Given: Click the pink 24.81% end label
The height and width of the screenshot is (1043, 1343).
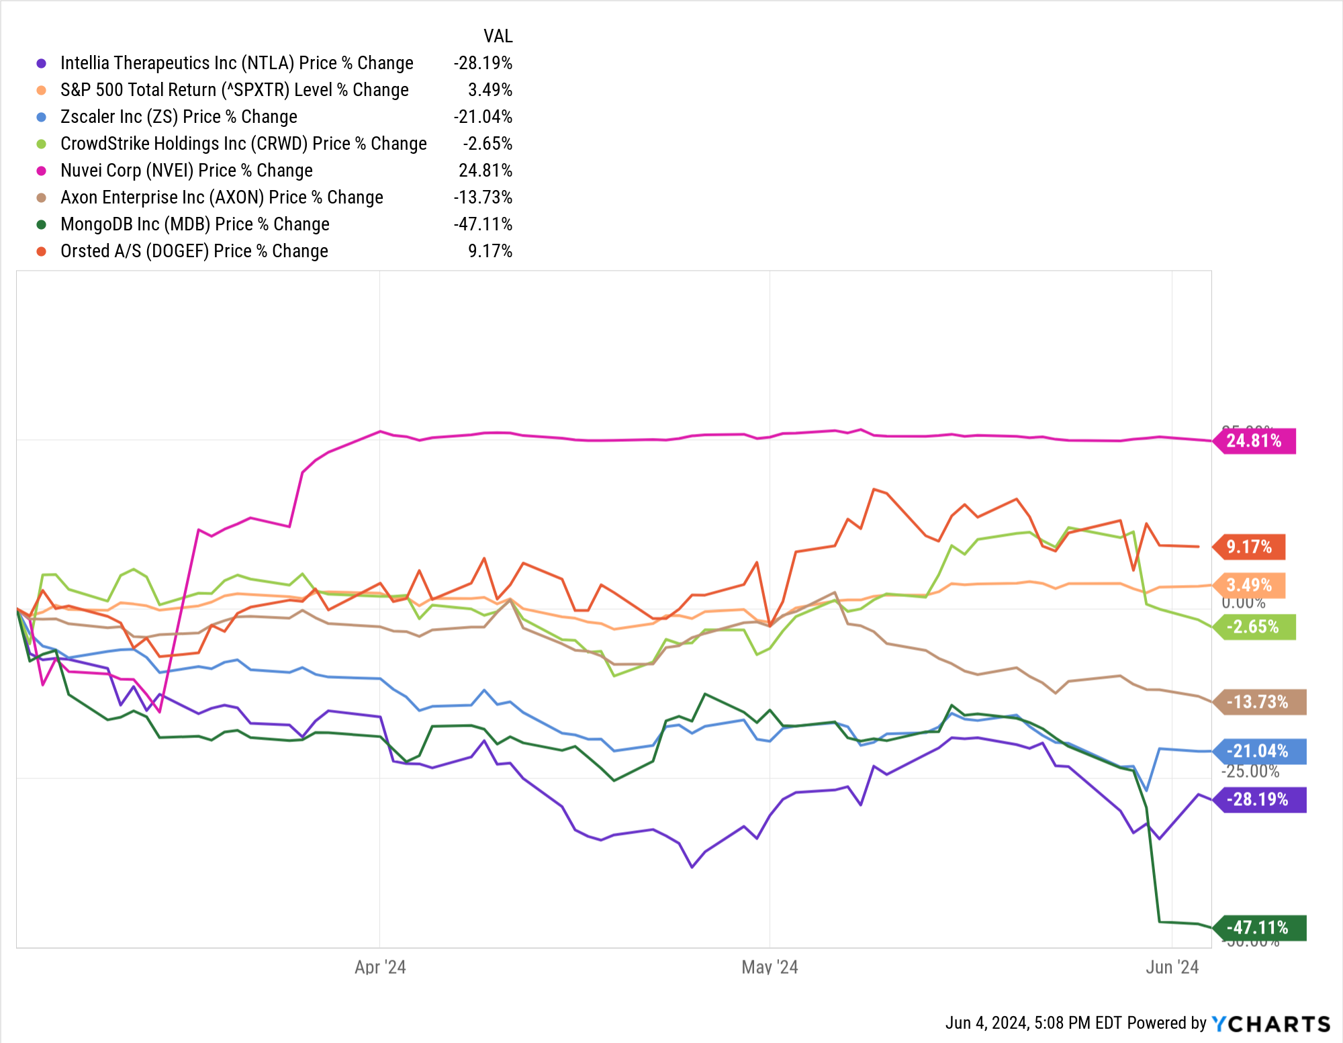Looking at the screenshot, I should (1254, 441).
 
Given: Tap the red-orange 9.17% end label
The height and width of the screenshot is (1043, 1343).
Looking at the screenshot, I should (1249, 547).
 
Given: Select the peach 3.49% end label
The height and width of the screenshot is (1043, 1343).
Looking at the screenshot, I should (1249, 586).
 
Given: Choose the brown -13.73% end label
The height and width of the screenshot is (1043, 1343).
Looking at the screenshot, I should (1258, 702).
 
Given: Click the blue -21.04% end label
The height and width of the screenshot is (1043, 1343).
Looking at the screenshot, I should (1258, 752).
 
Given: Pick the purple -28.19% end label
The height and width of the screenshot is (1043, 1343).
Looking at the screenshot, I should (1258, 800).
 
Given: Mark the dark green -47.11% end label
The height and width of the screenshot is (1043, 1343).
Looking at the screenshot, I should (1258, 928).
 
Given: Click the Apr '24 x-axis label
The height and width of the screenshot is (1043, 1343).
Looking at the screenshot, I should (380, 967).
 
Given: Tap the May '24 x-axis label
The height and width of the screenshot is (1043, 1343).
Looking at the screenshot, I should (770, 967).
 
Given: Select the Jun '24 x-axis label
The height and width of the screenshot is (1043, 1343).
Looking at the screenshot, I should (1172, 967).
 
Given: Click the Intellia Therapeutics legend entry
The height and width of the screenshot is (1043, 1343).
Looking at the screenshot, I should (236, 63).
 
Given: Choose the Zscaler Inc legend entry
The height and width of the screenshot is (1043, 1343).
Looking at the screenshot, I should (179, 117).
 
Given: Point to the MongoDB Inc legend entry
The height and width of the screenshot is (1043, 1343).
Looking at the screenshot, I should (195, 224).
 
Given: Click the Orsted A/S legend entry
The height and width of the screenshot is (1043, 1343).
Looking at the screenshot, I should (194, 251).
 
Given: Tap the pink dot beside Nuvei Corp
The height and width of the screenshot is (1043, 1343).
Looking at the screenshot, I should (42, 171).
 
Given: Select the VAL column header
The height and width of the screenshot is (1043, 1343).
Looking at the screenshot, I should (498, 36).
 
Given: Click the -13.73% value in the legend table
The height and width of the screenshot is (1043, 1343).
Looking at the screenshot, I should (483, 197).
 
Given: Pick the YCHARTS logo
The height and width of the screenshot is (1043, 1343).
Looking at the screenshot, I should (1270, 1024).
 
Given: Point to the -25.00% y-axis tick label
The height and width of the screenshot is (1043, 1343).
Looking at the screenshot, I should (1250, 772).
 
